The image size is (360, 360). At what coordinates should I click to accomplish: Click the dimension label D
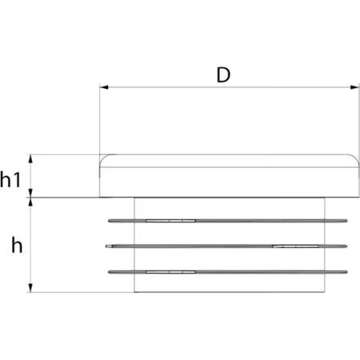point(223,75)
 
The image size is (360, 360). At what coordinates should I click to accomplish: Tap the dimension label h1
point(10,179)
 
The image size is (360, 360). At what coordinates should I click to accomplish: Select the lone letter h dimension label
point(17,246)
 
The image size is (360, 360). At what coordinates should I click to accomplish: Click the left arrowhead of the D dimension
point(104,87)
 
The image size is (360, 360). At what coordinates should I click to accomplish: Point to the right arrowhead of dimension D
point(354,87)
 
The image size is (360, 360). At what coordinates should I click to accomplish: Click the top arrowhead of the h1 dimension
point(30,158)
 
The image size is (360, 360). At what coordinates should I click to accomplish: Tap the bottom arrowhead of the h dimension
point(30,288)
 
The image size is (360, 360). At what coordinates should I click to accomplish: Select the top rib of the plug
point(228,221)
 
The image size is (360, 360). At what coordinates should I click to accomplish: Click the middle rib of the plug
point(226,246)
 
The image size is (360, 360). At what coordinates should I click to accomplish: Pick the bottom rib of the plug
point(228,272)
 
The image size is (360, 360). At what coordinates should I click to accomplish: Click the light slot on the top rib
point(170,221)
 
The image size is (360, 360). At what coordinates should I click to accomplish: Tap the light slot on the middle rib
point(296,246)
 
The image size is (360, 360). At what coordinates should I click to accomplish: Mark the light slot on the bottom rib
point(170,272)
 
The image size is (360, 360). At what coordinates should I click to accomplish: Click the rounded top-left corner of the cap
point(103,158)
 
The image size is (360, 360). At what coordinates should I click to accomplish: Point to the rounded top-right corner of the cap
point(355,158)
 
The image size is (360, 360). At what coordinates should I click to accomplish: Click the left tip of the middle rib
point(106,246)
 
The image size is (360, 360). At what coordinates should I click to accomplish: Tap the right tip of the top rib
point(347,221)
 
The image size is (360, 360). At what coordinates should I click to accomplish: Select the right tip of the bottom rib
point(347,272)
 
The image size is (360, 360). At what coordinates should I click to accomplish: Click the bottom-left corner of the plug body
point(134,292)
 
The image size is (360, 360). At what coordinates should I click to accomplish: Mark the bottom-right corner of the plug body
point(325,292)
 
